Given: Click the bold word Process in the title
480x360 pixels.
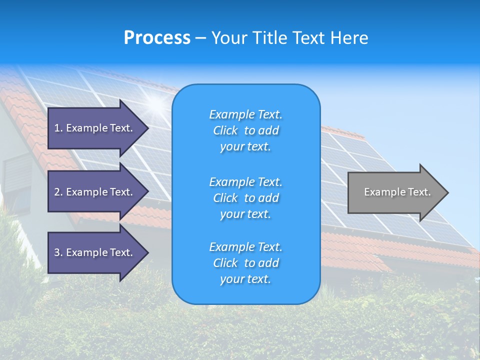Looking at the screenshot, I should (x=157, y=38).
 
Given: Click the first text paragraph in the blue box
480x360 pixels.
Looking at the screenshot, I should (x=245, y=130).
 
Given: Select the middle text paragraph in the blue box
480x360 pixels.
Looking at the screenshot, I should (x=245, y=198).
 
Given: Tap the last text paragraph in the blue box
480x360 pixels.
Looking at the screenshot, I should (x=245, y=263).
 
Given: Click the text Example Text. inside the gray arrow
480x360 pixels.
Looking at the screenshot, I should (x=397, y=192).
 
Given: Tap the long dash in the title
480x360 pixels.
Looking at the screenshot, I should (x=200, y=38).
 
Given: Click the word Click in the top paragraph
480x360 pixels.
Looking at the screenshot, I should (x=225, y=130).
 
